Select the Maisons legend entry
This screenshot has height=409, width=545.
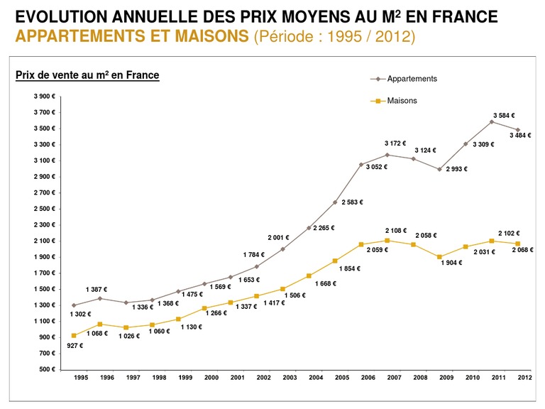402,101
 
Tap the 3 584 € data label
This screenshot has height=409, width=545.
504,115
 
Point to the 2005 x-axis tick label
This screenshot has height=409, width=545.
342,378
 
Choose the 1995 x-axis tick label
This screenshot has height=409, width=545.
82,378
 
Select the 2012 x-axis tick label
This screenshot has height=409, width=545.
524,378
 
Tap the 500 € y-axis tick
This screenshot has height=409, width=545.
46,369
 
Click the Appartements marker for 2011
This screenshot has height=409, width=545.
492,122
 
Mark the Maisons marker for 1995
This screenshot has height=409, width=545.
74,335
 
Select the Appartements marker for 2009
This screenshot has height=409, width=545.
439,169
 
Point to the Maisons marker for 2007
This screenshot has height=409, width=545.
387,241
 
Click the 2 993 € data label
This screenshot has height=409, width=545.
457,169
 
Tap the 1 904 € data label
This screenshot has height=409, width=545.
451,263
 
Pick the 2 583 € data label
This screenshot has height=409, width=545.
352,202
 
